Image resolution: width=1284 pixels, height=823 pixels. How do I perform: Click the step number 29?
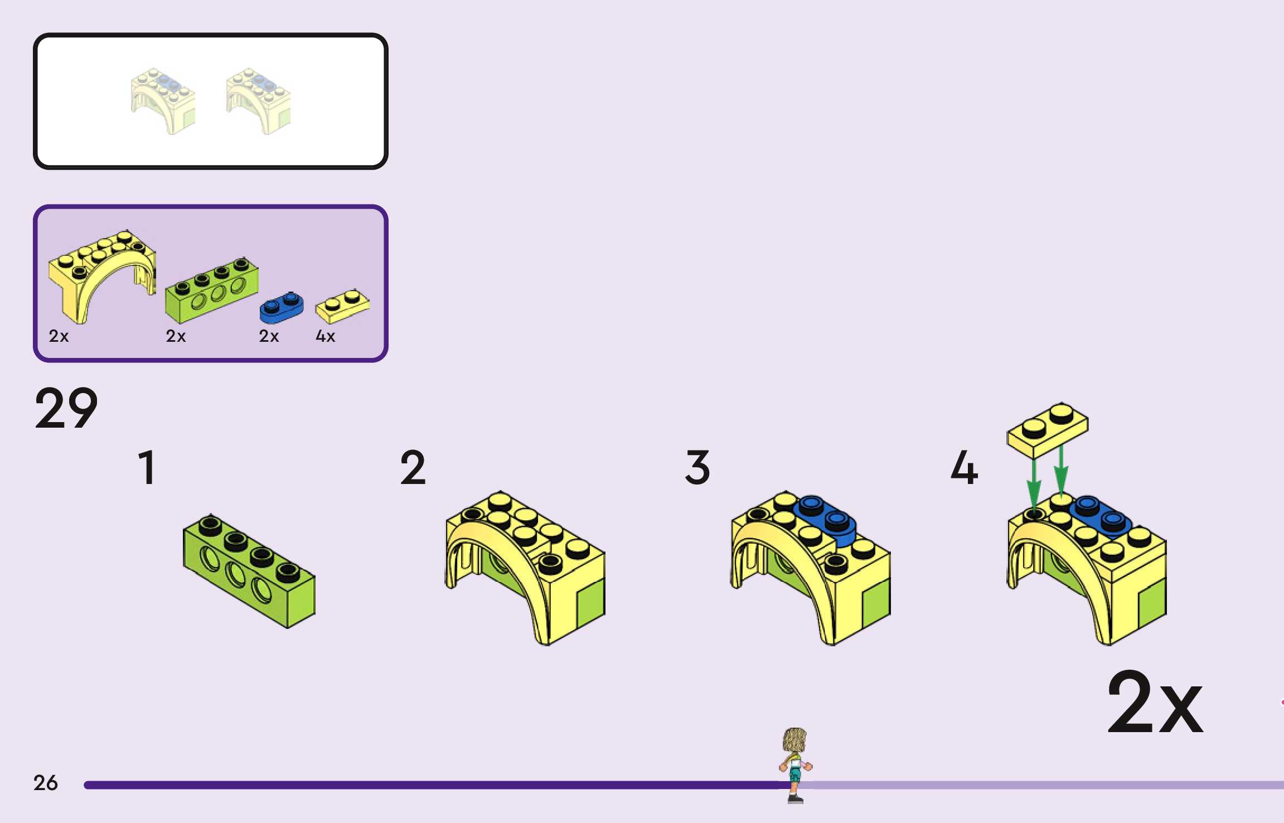pyautogui.click(x=66, y=409)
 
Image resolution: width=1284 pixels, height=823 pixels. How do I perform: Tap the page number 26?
pyautogui.click(x=45, y=783)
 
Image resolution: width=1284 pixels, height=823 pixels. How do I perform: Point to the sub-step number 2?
pyautogui.click(x=413, y=468)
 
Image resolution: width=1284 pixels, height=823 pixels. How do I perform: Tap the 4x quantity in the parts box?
pyautogui.click(x=325, y=336)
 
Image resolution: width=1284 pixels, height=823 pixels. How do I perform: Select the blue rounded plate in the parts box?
pyautogui.click(x=282, y=307)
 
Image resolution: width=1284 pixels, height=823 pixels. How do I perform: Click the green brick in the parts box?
pyautogui.click(x=212, y=290)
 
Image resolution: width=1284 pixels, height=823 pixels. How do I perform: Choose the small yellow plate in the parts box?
pyautogui.click(x=342, y=305)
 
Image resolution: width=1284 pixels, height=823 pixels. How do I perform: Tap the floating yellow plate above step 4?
pyautogui.click(x=1047, y=429)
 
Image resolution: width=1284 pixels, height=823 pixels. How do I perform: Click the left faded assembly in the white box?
pyautogui.click(x=163, y=100)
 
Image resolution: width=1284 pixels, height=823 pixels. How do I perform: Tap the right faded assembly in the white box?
pyautogui.click(x=258, y=100)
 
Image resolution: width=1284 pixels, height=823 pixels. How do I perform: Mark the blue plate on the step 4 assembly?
pyautogui.click(x=1100, y=516)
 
